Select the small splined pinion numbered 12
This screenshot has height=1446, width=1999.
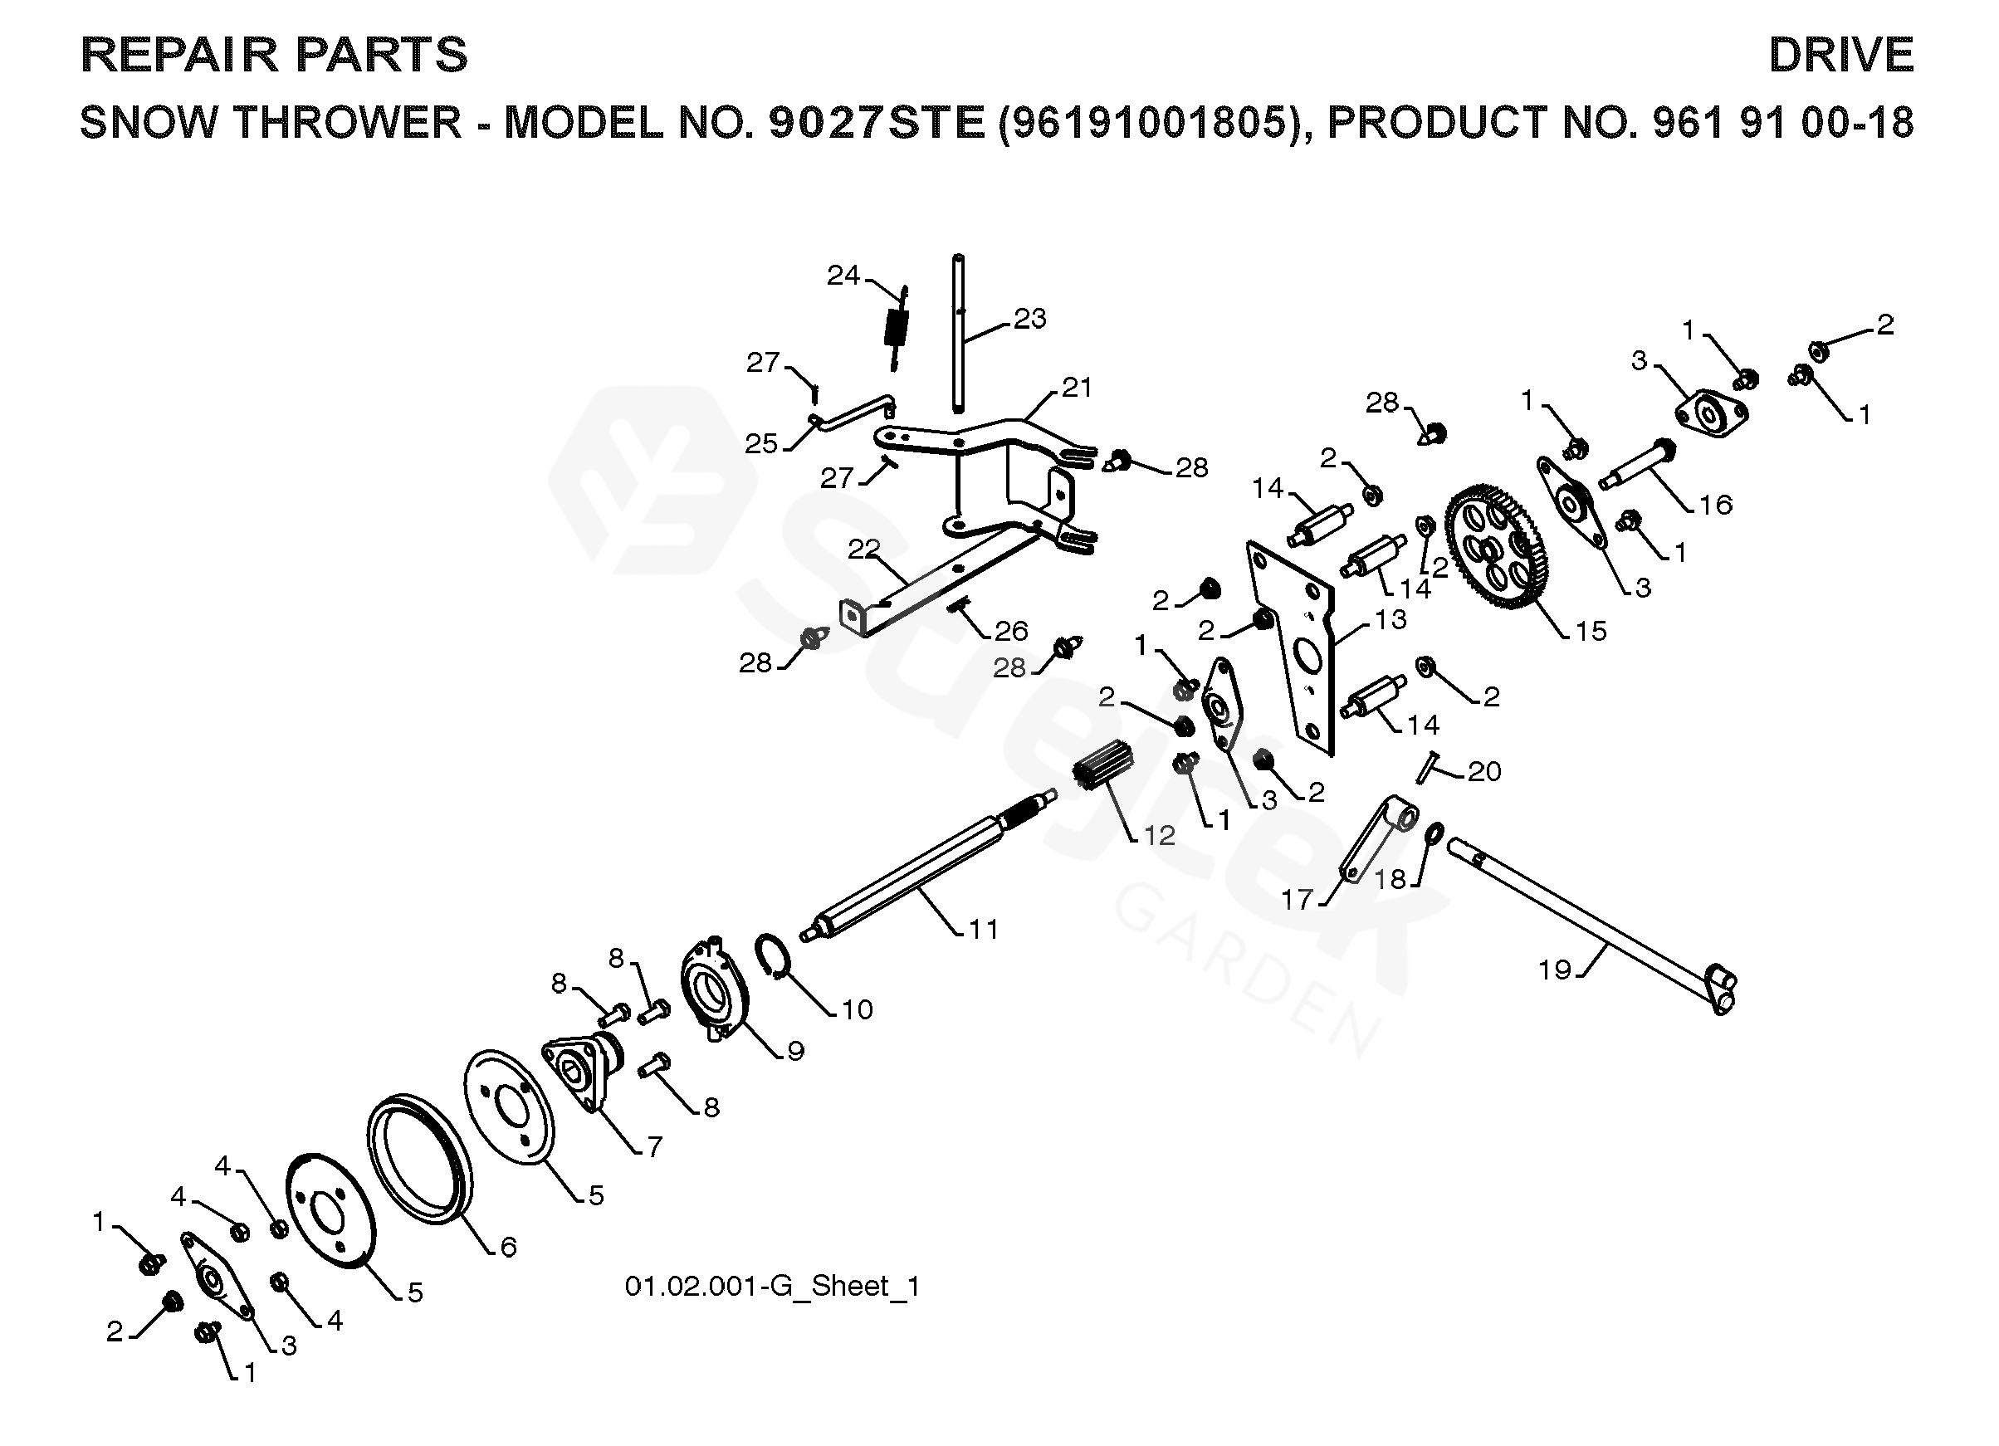pyautogui.click(x=1102, y=765)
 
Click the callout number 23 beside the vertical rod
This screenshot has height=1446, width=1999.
pyautogui.click(x=1029, y=318)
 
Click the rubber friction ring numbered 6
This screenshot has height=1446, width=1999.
pyautogui.click(x=418, y=1158)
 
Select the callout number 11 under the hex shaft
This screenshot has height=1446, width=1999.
pyautogui.click(x=983, y=929)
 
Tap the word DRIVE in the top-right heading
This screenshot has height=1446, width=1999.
pyautogui.click(x=1840, y=55)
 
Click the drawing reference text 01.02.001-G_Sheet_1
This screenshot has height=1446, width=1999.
pyautogui.click(x=772, y=1287)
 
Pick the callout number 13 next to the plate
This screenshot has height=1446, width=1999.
pyautogui.click(x=1390, y=619)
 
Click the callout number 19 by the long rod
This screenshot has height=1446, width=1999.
pyautogui.click(x=1555, y=970)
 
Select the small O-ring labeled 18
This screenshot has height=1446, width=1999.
pyautogui.click(x=1434, y=832)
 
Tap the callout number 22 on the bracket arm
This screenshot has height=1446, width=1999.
pyautogui.click(x=863, y=549)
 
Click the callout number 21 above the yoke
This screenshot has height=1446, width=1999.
pyautogui.click(x=1076, y=387)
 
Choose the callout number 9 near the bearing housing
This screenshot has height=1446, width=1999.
pyautogui.click(x=795, y=1050)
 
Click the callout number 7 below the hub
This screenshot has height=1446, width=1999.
pyautogui.click(x=654, y=1146)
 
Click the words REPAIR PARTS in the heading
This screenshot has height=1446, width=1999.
pyautogui.click(x=273, y=55)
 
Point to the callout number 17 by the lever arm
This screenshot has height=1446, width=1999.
pyautogui.click(x=1297, y=900)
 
